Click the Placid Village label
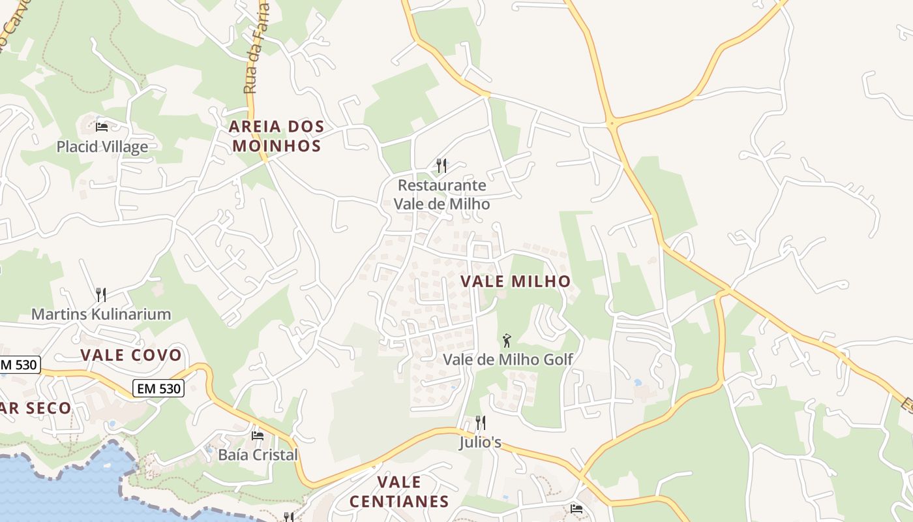[x=102, y=147]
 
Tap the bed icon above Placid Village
[x=102, y=127]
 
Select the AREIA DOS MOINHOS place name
[x=277, y=136]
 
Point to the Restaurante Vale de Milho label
[x=442, y=194]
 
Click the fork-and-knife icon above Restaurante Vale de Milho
[x=442, y=166]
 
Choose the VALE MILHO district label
[x=516, y=281]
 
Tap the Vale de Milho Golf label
[x=508, y=359]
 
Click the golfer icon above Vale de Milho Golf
[x=507, y=340]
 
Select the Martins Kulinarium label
[x=101, y=314]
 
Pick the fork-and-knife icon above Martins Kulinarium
[x=101, y=295]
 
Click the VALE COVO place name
[x=131, y=355]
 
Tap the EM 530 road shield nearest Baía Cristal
[x=159, y=389]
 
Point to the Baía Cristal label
[x=258, y=455]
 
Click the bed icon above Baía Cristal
[x=258, y=435]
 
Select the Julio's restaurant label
[x=480, y=442]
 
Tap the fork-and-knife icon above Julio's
[x=480, y=423]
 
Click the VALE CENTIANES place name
[x=399, y=491]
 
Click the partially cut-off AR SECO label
[x=36, y=408]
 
